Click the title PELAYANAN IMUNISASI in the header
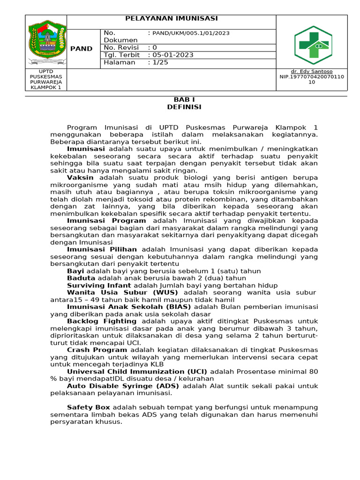(171, 18)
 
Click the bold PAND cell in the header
(81, 49)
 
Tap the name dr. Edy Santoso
(312, 71)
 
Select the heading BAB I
(184, 100)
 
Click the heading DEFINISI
(184, 107)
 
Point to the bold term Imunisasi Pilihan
(102, 249)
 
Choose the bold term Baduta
(81, 278)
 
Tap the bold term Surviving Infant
(99, 285)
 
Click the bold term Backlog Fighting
(102, 321)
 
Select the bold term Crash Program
(97, 350)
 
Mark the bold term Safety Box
(89, 407)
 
